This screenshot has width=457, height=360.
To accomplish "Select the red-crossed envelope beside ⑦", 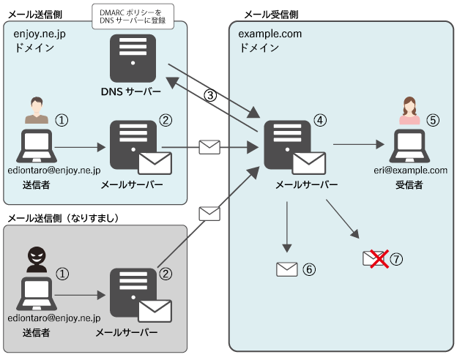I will coord(376,258).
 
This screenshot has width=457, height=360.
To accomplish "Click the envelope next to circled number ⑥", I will coord(286,269).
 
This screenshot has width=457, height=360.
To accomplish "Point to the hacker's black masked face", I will coord(36,256).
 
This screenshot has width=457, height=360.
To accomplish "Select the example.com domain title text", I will coord(270,34).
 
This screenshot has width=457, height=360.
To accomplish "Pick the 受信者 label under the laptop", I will coord(409,185).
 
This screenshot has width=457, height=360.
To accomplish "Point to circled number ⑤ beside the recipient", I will coord(433,119).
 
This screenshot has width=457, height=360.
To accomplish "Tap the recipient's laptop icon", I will coord(409,146).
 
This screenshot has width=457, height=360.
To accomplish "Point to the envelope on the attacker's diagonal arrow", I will coord(209,214).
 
